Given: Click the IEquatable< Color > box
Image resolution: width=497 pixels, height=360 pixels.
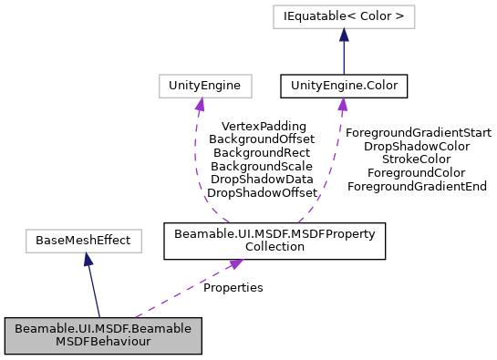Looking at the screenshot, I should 343,15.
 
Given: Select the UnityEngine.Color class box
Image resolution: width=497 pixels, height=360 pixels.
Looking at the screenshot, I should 343,86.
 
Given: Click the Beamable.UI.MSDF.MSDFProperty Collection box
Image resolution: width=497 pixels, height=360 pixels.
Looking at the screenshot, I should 274,242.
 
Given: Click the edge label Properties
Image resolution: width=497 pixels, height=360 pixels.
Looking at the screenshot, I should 233,287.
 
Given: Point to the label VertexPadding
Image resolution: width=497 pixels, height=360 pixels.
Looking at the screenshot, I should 257,126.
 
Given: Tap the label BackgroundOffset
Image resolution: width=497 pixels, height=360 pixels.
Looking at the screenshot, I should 261,139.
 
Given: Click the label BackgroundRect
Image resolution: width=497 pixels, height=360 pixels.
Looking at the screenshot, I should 261,152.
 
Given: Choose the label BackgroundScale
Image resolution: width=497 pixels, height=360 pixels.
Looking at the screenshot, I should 262,166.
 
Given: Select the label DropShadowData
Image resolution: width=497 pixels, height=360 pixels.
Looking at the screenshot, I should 263,180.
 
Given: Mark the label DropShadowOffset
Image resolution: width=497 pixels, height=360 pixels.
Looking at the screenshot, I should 263,192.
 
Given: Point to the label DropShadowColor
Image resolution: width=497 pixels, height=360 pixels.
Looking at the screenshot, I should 417,146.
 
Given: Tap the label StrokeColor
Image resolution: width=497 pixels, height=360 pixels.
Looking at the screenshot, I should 417,159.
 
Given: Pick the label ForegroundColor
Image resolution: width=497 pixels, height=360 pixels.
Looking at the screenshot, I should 417,172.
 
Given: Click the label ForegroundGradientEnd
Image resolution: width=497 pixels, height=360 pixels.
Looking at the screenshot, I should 417,186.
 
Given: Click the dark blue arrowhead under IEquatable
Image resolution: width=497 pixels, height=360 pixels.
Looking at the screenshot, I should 343,35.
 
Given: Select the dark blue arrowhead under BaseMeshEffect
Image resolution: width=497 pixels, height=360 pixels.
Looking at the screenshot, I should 87,261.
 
